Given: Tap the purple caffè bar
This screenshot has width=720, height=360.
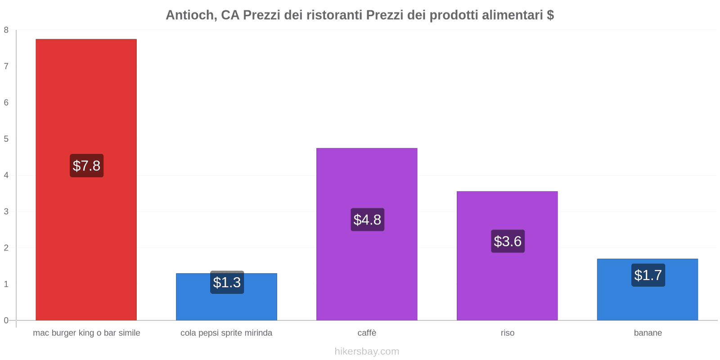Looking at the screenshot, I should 367,270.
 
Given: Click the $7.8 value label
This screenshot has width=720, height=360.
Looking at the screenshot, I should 86,166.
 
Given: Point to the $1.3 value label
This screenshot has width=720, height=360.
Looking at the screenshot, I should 227,283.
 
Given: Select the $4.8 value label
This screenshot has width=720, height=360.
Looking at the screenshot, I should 367,220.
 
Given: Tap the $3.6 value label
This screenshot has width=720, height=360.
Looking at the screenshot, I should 508,241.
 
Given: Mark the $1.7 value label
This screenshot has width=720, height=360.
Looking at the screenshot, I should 648,275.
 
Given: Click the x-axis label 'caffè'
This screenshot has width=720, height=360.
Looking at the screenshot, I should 367,333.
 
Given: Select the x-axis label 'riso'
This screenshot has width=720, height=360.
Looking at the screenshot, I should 507,333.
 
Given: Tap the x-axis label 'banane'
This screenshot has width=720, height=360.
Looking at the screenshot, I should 648,333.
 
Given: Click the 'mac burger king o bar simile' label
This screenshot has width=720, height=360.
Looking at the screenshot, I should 86,333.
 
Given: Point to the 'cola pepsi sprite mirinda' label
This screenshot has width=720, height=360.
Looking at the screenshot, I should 226,333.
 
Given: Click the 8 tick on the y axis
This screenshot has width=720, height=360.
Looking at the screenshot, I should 6,30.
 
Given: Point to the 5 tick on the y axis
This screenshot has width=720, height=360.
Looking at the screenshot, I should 6,139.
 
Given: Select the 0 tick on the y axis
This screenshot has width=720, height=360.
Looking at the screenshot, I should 6,320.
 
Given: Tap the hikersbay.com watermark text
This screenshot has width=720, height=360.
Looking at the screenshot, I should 367,351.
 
